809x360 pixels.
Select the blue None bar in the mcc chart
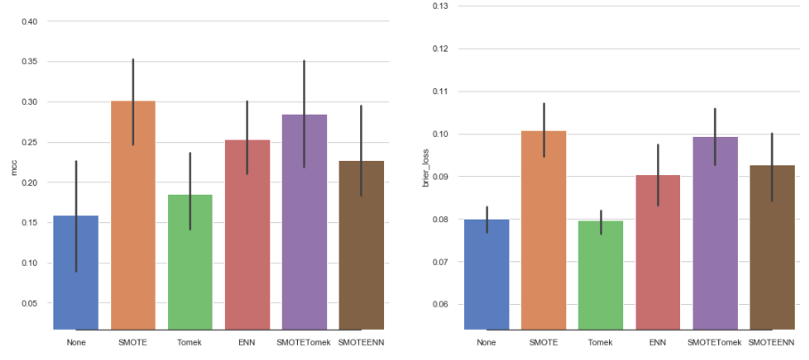76,272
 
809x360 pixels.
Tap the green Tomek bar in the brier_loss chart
600,276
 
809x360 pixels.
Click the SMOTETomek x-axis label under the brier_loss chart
714,342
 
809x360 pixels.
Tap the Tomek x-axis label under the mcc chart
189,342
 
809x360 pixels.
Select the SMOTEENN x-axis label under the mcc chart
361,342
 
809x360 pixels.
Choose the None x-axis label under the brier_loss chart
486,342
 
